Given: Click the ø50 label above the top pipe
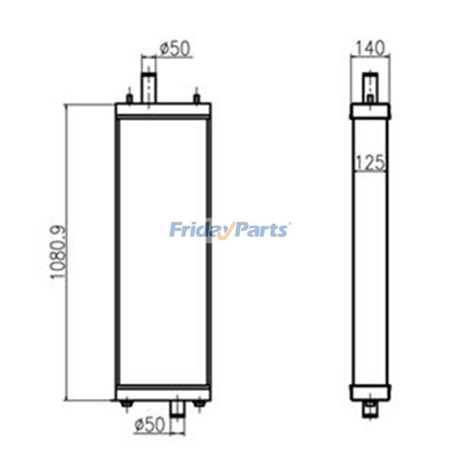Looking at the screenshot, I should (x=175, y=49).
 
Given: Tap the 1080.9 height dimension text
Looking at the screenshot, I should (x=58, y=252).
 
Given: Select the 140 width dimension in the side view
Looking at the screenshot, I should (x=371, y=49).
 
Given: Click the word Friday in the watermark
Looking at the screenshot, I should (x=199, y=230).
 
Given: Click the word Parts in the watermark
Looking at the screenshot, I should (x=259, y=230).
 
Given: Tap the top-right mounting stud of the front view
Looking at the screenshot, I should (x=197, y=99).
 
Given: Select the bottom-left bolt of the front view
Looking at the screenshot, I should (x=126, y=404).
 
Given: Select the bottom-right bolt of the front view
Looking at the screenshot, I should (x=199, y=404).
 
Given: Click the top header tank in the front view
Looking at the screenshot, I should (x=163, y=109).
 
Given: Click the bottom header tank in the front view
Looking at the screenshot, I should (x=163, y=394).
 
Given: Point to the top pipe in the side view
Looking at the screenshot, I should (x=370, y=85).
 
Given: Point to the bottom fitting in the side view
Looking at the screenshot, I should (x=370, y=410).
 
